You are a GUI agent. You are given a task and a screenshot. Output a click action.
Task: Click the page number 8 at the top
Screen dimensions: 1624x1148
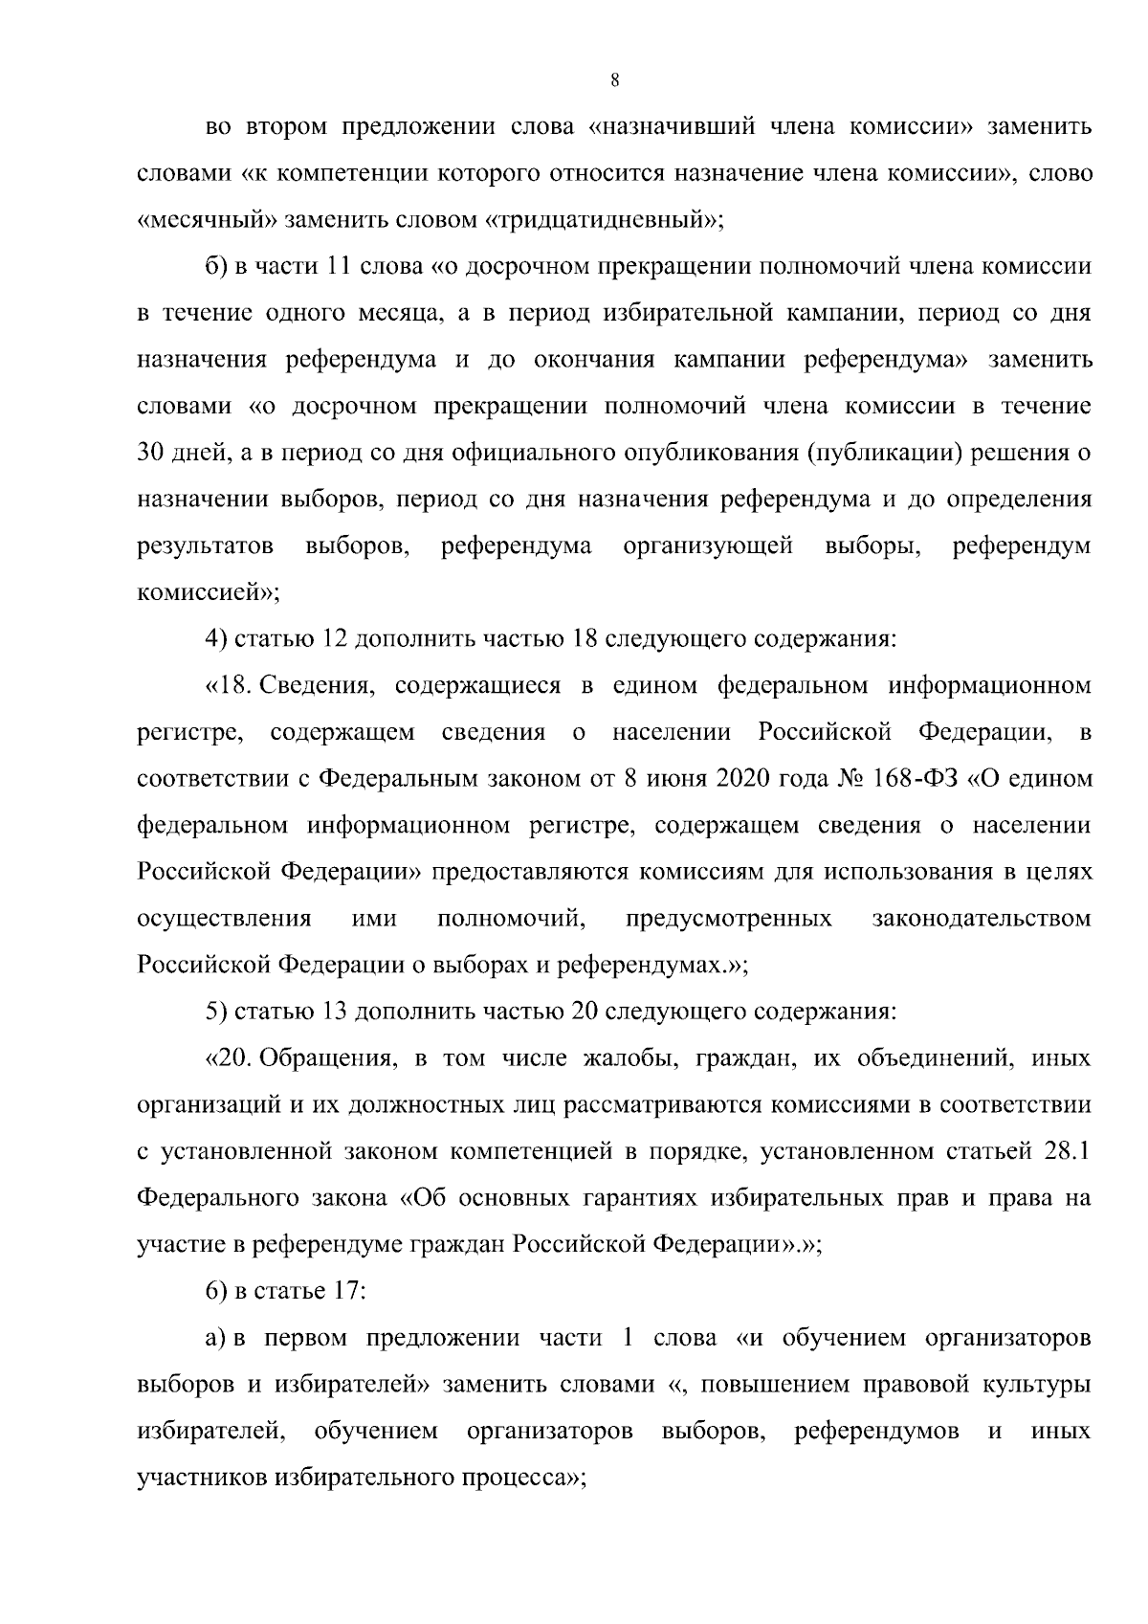(614, 81)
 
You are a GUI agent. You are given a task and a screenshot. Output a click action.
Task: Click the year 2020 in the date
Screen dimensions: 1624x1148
(739, 778)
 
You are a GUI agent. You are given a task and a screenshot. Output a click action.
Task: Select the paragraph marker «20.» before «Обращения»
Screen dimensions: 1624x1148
(228, 1058)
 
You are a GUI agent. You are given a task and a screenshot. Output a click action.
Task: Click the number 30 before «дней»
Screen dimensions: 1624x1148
(154, 453)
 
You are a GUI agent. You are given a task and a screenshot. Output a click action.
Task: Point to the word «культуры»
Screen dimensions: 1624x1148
(1039, 1384)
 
